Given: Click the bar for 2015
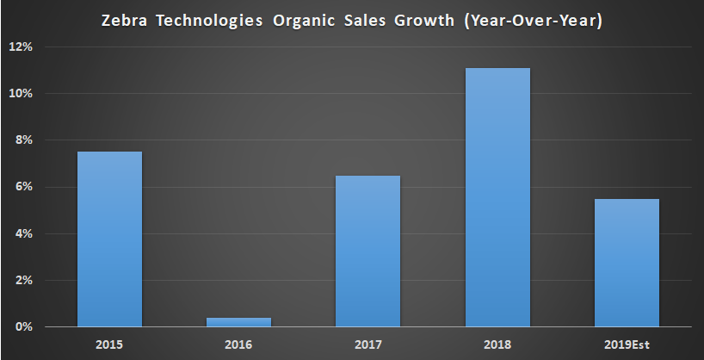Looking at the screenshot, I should (109, 239).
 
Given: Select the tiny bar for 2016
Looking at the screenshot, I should (238, 322).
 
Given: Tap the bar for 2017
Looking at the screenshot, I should (367, 251).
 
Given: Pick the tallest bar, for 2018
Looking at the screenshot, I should (497, 197).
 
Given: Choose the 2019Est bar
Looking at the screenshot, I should (626, 263).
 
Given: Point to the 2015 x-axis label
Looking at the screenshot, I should (109, 344).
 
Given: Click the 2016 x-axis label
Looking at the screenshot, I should (238, 344).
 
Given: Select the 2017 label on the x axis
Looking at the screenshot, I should (367, 344).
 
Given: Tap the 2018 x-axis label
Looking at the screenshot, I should (497, 344).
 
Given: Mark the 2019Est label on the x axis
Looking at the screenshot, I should (626, 344).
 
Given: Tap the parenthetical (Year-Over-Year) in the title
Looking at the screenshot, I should (524, 19).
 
